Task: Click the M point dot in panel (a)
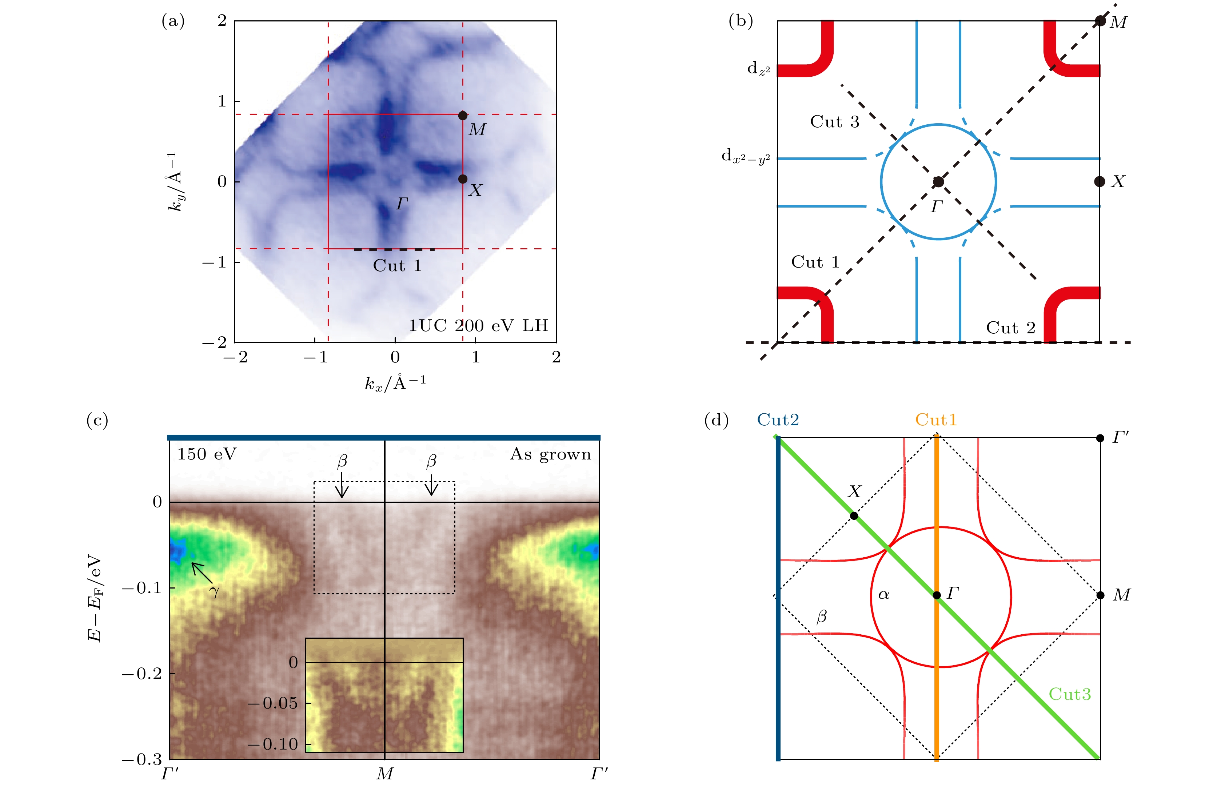[462, 116]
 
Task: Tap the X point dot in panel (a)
[462, 179]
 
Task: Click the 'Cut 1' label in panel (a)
[397, 266]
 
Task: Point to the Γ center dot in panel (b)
[938, 181]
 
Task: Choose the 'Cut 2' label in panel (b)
[1010, 328]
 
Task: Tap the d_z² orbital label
[758, 68]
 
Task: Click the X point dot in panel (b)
[1100, 181]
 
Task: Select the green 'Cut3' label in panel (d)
[1070, 694]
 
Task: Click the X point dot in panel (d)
[854, 515]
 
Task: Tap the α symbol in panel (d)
[883, 594]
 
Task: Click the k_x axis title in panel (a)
[395, 383]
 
